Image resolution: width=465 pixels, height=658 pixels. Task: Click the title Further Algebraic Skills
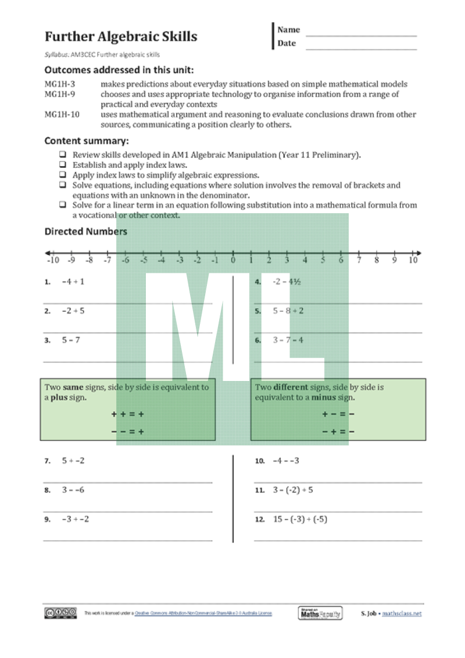(121, 37)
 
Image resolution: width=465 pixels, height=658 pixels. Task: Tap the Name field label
(289, 30)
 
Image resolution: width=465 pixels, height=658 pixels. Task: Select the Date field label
(287, 44)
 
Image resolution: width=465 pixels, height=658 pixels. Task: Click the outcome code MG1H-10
(62, 114)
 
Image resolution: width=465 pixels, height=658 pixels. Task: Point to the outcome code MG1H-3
(60, 84)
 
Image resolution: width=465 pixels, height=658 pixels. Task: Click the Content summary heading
(87, 141)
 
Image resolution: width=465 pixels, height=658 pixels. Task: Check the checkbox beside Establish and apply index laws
(62, 165)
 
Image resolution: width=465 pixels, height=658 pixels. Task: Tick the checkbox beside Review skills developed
(62, 155)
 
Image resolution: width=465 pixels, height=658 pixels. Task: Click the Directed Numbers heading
(86, 231)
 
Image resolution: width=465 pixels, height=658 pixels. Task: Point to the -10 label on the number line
(53, 261)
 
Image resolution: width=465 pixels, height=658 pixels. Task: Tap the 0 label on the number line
(233, 261)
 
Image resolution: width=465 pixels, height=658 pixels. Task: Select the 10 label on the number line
(413, 261)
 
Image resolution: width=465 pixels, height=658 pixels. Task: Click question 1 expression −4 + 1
(73, 282)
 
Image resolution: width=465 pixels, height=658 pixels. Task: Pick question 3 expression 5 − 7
(71, 340)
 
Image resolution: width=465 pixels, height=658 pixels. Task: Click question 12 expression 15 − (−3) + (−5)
(300, 519)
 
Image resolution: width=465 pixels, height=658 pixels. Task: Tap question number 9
(47, 520)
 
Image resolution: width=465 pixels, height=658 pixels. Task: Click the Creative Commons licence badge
(60, 613)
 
